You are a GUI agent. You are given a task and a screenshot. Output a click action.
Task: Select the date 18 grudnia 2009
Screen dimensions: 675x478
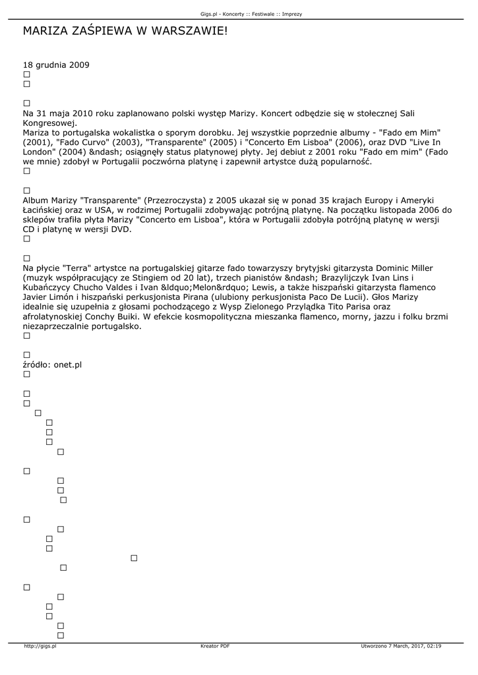[56, 65]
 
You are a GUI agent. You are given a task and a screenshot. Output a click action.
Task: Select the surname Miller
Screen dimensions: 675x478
[417, 268]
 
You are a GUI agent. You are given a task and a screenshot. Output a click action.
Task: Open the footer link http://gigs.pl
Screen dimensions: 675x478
[40, 647]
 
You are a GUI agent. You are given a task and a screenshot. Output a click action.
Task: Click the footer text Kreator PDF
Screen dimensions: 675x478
[215, 647]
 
